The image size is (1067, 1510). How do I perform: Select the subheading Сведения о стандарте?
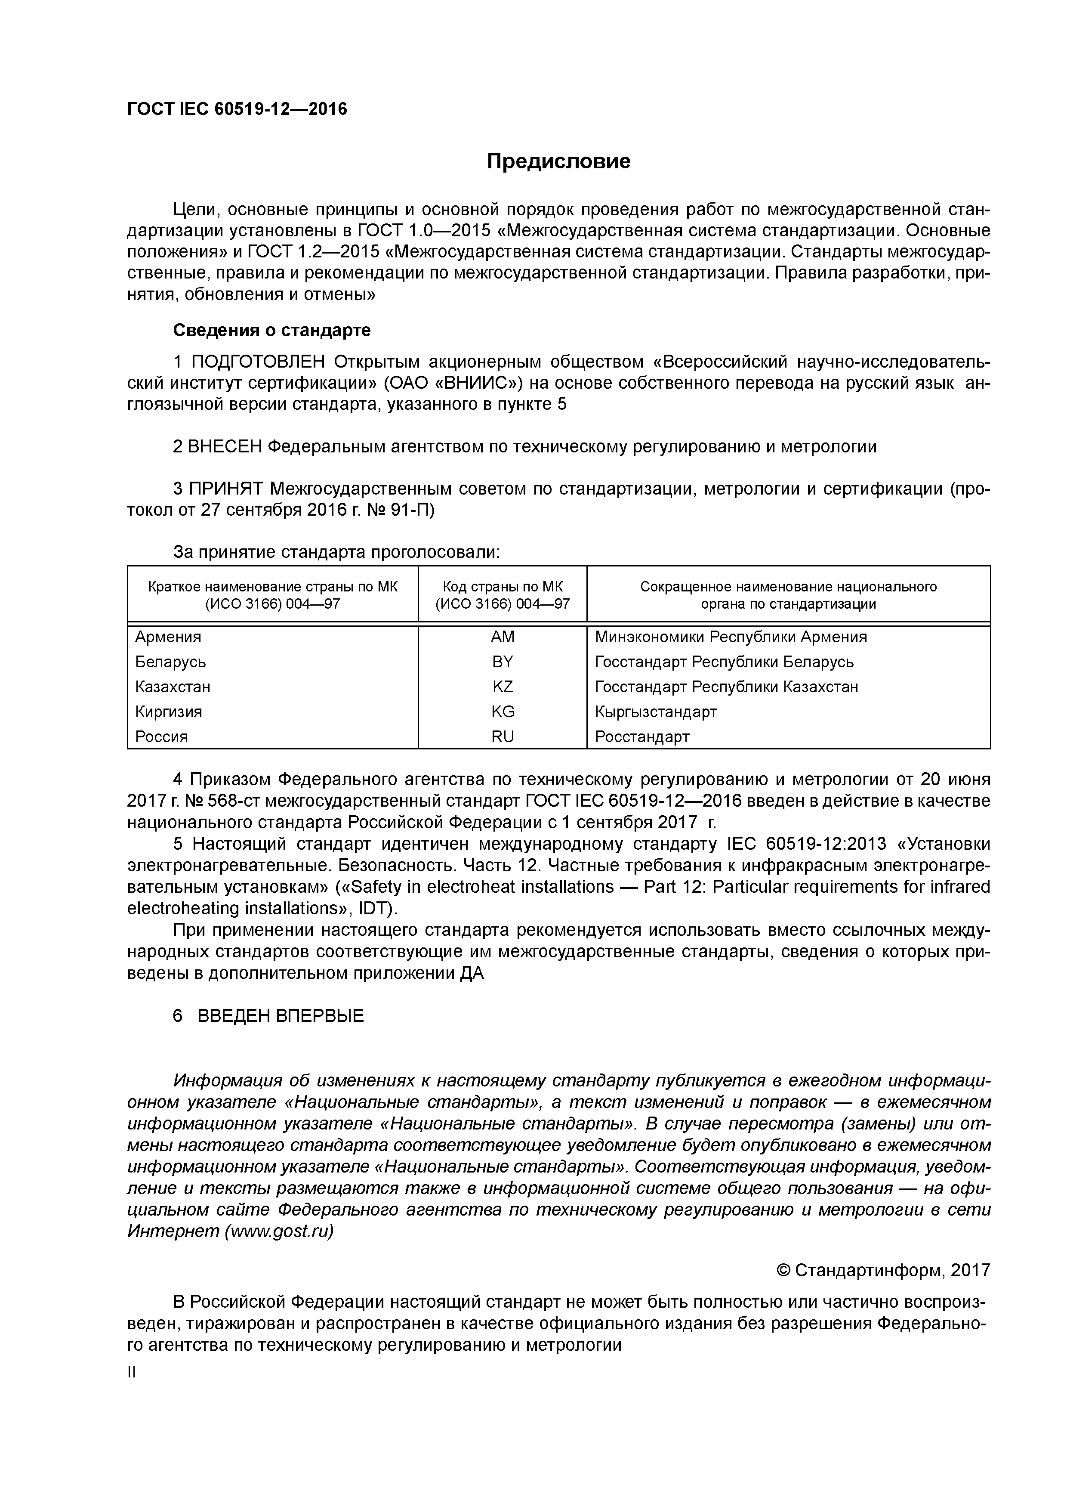271,330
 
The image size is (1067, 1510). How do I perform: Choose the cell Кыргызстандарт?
655,712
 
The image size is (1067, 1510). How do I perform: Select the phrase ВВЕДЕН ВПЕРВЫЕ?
280,1016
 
